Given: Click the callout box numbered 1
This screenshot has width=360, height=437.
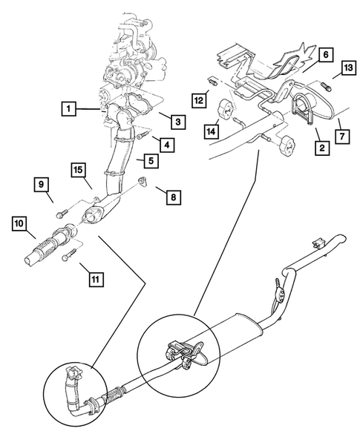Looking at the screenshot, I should point(68,110).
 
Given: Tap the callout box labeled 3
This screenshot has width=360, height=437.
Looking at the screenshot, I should point(177,119).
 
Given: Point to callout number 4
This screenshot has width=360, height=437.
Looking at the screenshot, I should point(168,144).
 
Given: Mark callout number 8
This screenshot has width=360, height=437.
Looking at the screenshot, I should point(172,197).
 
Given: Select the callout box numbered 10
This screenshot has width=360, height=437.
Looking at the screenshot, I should point(19,223).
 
